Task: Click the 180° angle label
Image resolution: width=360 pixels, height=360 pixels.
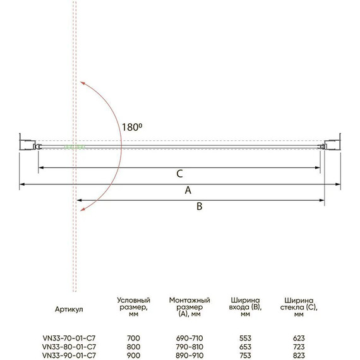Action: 132,127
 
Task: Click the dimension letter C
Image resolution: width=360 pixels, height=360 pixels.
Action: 179,174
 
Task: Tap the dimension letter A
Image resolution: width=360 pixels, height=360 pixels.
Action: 188,190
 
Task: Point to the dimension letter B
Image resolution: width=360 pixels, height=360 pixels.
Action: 200,206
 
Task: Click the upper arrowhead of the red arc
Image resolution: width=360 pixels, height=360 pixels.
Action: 82,83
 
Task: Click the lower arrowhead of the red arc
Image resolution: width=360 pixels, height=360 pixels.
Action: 82,208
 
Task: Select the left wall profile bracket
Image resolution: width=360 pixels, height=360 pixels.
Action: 27,145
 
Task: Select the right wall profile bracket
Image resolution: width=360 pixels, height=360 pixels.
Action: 332,145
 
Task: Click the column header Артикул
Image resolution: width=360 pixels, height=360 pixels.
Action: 69,309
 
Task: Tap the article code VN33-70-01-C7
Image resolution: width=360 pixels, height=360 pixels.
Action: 69,338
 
